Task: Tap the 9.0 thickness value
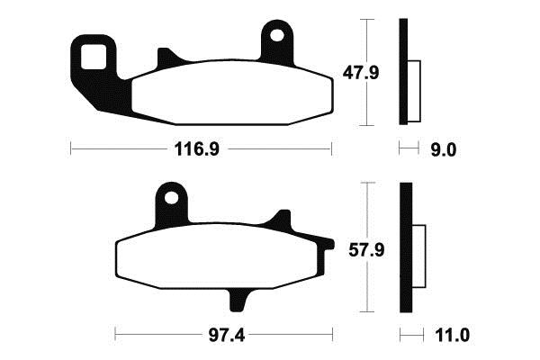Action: (445, 150)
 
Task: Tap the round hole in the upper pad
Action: (277, 37)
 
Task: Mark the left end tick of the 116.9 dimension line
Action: (71, 149)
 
